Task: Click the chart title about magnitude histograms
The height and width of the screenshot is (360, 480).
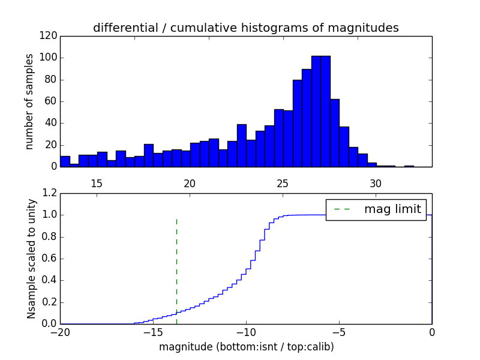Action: (x=245, y=28)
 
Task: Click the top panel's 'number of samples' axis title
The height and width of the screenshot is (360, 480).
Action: (x=29, y=101)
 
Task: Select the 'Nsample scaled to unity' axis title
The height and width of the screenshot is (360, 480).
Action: (x=31, y=259)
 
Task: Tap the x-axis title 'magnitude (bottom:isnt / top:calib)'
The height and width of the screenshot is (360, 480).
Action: (x=246, y=347)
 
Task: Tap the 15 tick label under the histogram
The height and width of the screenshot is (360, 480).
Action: (x=97, y=183)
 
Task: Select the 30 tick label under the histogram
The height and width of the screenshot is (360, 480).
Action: (x=376, y=183)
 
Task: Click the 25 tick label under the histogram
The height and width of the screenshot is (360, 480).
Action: (x=283, y=183)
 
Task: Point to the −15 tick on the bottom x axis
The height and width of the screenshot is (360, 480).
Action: (x=153, y=332)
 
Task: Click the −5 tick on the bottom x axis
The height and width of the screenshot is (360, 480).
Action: (x=339, y=332)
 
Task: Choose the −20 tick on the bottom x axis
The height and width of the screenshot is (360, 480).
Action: (x=60, y=332)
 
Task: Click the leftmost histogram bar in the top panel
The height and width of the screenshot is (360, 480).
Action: (x=65, y=161)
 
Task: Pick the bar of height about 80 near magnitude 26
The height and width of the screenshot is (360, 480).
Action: (x=297, y=123)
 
